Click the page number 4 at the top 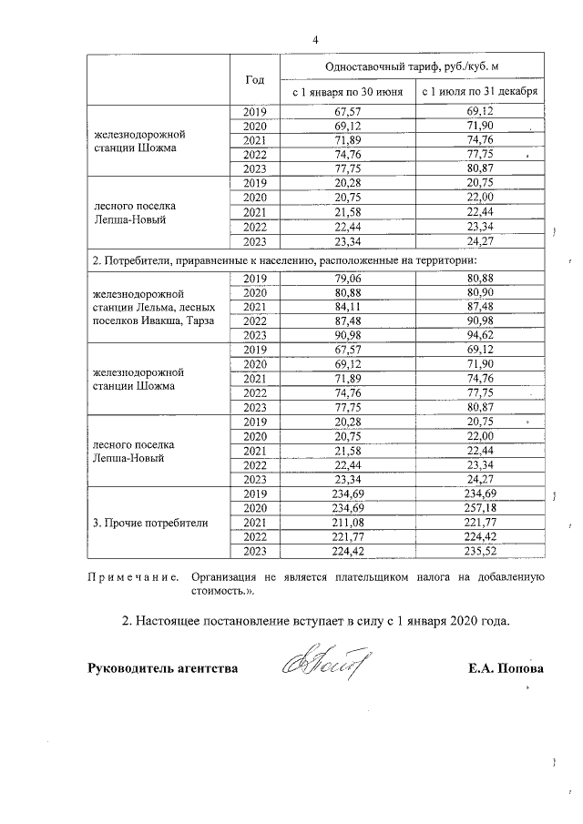click(x=315, y=39)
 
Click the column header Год click(x=255, y=79)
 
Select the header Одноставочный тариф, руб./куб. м click(x=413, y=66)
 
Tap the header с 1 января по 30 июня click(x=347, y=93)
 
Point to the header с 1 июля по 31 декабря click(x=479, y=93)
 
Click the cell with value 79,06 click(x=347, y=278)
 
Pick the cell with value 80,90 click(x=479, y=292)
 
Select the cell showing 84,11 click(x=347, y=307)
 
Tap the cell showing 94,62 click(x=479, y=336)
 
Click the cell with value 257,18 click(x=479, y=508)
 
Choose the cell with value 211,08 click(x=347, y=523)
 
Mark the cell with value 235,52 click(x=479, y=551)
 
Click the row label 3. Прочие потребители click(x=150, y=523)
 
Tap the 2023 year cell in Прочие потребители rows click(x=255, y=551)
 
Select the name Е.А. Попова click(x=506, y=669)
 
